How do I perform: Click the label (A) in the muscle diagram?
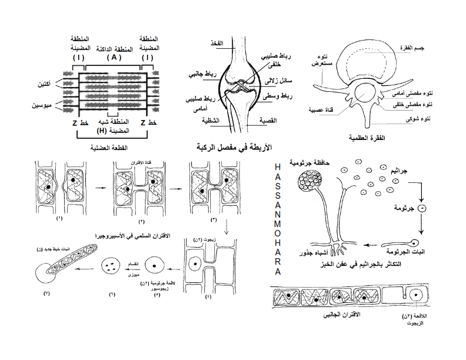(114, 58)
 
